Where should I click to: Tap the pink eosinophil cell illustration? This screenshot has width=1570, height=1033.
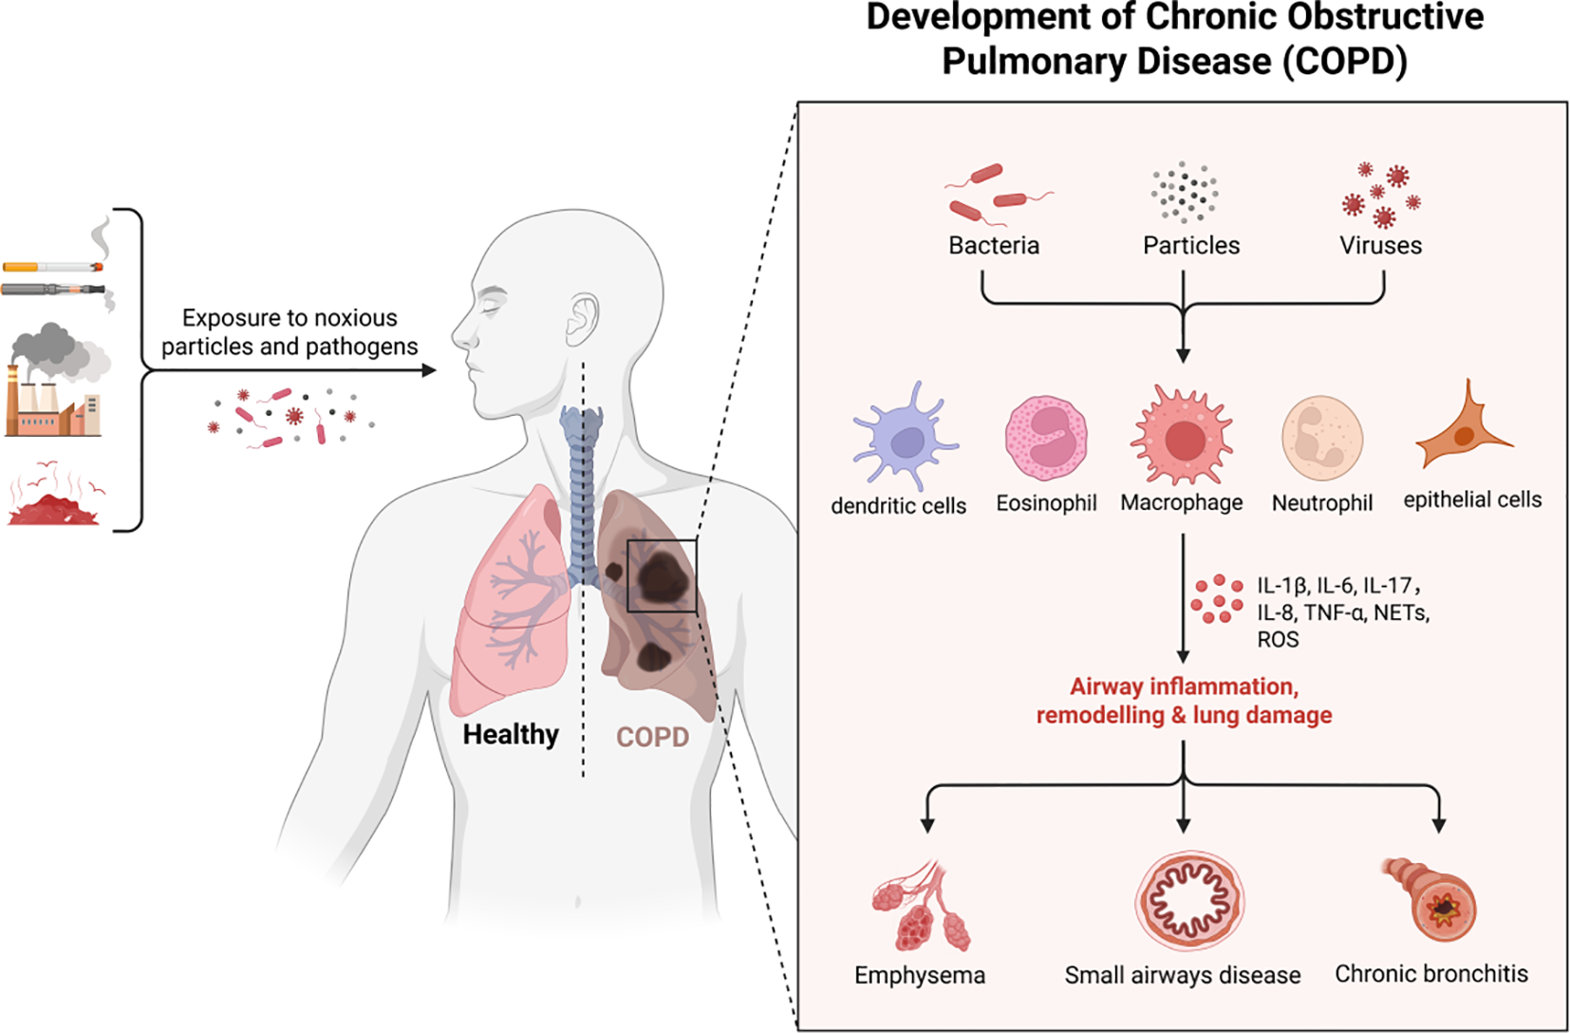point(1046,439)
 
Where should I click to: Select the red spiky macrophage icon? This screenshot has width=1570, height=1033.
point(1183,438)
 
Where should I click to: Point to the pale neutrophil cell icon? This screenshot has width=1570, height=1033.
point(1322,439)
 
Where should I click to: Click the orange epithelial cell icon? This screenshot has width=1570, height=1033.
point(1463,432)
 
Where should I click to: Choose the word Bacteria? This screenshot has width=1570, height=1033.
point(994,246)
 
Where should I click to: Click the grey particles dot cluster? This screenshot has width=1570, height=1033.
point(1185,193)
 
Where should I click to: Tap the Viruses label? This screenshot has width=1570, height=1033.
point(1380,246)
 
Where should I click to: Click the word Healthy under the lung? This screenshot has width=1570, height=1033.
point(511,735)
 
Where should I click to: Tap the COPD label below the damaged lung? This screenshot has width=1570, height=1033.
point(652,737)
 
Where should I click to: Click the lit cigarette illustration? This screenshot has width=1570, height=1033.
point(53,267)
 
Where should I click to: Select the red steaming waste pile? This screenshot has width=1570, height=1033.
point(55,503)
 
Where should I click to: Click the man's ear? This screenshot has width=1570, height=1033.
point(582,320)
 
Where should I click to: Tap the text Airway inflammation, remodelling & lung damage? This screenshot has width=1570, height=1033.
point(1184,701)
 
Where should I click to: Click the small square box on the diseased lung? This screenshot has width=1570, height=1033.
point(662,576)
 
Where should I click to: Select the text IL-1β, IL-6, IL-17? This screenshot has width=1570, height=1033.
point(1337,586)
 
